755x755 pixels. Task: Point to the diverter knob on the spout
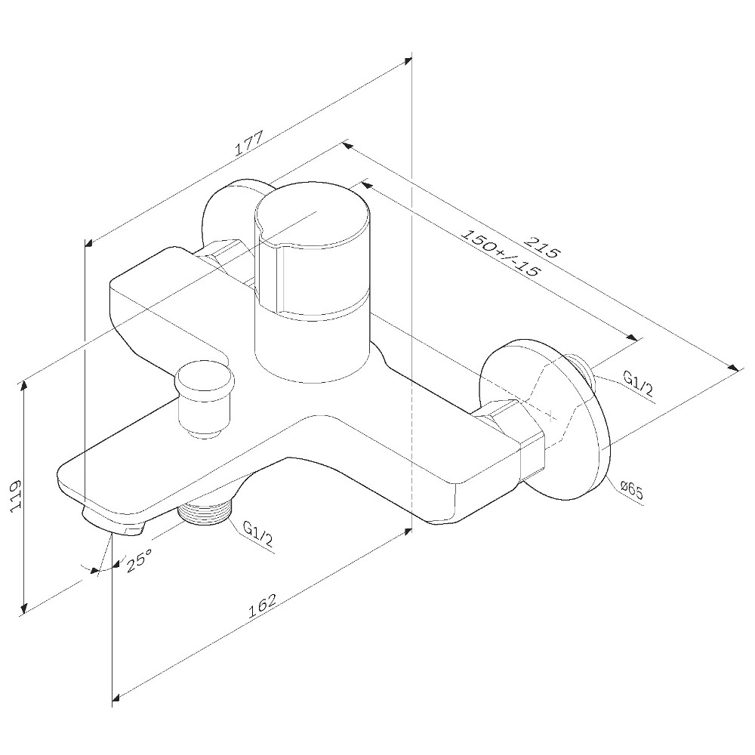coord(202,396)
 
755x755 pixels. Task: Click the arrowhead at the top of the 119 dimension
coord(25,384)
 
